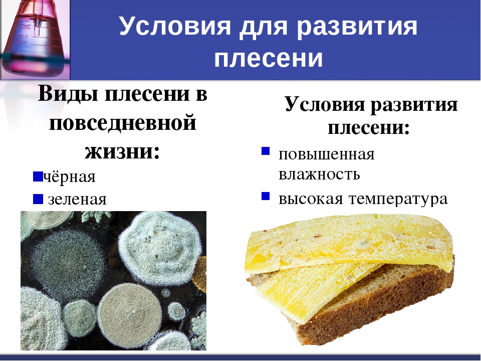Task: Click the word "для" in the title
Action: pos(263,27)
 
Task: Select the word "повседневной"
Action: pos(122,123)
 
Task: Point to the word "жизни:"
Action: pos(122,151)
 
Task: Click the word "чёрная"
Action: pos(69,176)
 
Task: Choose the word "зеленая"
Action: pos(77,199)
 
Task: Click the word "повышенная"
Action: pos(326,155)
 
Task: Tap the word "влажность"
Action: pos(319,174)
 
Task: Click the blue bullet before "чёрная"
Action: pos(38,176)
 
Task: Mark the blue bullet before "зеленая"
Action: pos(38,199)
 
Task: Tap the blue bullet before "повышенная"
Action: pos(266,151)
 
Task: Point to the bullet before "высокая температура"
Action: pos(266,196)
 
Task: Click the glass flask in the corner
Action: pos(35,39)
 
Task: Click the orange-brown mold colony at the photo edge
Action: pos(200,274)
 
